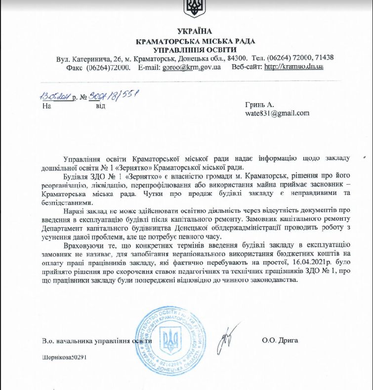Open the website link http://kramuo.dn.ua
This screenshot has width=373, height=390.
coord(294,67)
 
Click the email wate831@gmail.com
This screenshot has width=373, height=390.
coord(277,113)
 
